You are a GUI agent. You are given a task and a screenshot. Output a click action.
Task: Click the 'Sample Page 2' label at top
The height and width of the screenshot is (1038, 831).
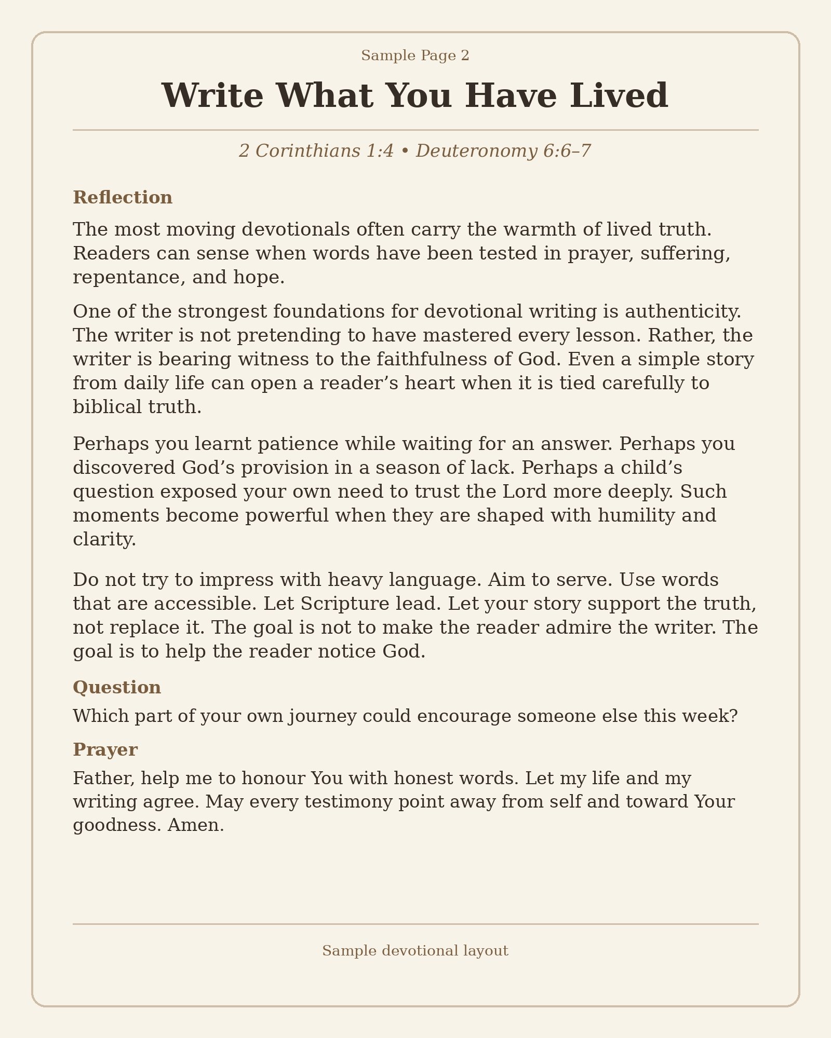[x=415, y=56]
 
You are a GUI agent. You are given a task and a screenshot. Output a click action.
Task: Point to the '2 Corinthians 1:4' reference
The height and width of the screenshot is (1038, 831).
[x=316, y=151]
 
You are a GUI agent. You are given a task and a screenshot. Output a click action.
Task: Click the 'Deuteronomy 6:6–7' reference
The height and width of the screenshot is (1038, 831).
[x=503, y=151]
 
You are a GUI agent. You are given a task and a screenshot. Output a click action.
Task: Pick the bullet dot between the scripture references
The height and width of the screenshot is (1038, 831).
[x=405, y=152]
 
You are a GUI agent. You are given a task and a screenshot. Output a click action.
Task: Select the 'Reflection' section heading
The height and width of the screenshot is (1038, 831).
[x=123, y=198]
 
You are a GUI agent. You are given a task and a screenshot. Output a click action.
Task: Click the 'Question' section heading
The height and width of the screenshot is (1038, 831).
[x=117, y=688]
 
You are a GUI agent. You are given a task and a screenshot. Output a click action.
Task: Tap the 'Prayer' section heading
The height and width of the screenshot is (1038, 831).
[x=105, y=750]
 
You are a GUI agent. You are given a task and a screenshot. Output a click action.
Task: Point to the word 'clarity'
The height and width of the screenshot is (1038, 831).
[x=103, y=540]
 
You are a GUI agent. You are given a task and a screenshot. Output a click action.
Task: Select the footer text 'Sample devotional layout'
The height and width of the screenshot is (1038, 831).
[x=415, y=951]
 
